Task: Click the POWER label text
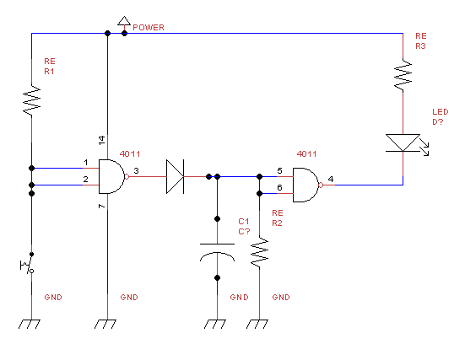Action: [x=149, y=28]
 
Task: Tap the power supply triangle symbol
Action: [x=124, y=21]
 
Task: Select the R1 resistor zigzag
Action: [x=32, y=100]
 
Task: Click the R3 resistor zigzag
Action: [x=403, y=75]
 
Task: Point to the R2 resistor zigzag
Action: [x=259, y=253]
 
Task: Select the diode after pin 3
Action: [x=176, y=176]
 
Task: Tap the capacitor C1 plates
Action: [x=218, y=253]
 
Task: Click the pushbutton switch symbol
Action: [x=28, y=264]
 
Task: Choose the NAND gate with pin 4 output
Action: [x=308, y=185]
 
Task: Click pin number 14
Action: [x=102, y=140]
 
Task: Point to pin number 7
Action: [x=102, y=206]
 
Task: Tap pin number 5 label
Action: [x=279, y=171]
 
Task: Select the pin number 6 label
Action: [x=279, y=187]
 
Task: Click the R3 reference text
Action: [x=420, y=46]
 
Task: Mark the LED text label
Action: [x=440, y=112]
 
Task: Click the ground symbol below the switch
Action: [x=30, y=324]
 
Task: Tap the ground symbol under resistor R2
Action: [x=257, y=324]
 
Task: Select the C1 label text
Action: [x=244, y=222]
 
